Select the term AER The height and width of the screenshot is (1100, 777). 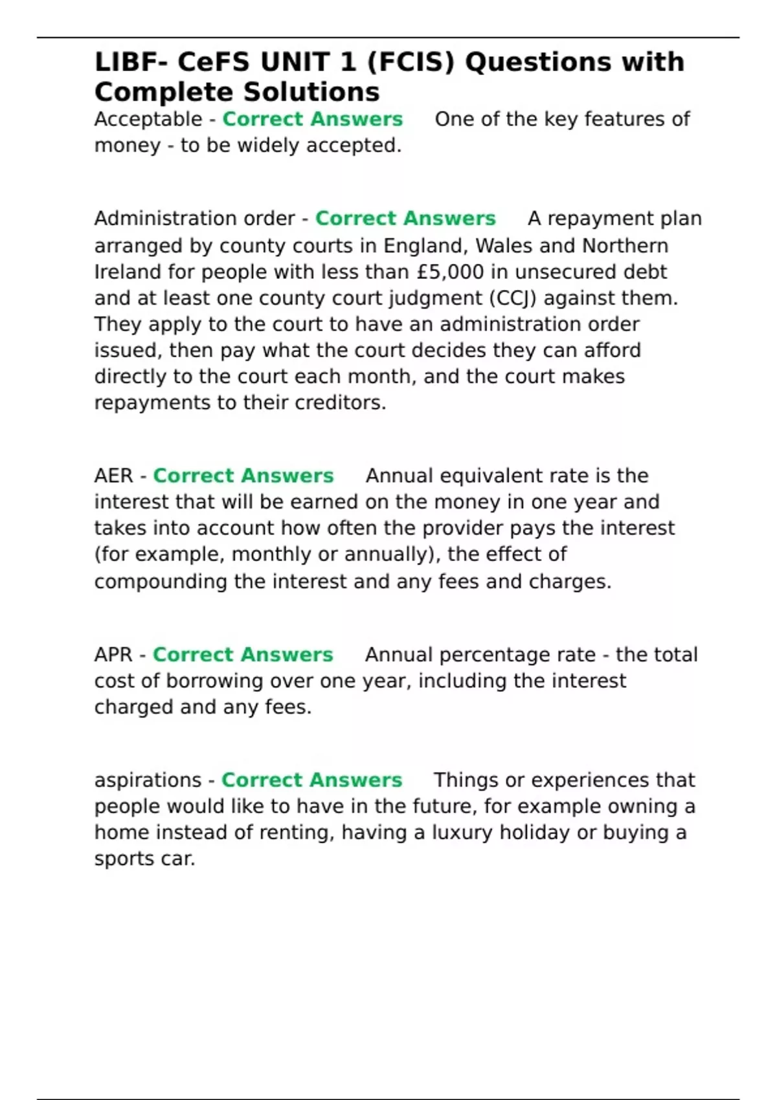click(x=113, y=476)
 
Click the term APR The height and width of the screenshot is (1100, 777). click(x=113, y=655)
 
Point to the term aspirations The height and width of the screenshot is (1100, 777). click(x=148, y=780)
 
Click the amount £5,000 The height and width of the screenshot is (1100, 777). click(x=451, y=272)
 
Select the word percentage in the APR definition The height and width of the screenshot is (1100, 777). click(x=517, y=655)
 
